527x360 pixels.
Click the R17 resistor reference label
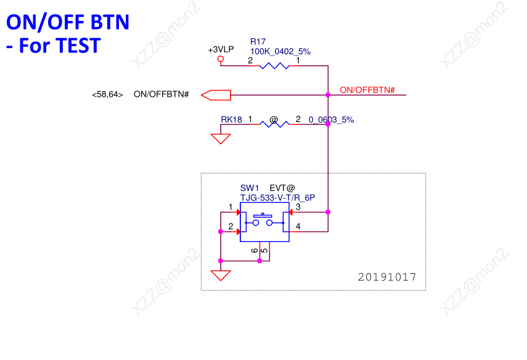pos(258,42)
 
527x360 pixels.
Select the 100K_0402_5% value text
pos(280,51)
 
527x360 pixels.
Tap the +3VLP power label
pos(221,49)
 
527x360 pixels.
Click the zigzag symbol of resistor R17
pos(274,66)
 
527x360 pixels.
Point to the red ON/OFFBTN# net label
pos(367,90)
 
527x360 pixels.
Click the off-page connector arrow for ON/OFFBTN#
pos(216,95)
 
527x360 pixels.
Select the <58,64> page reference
pos(107,94)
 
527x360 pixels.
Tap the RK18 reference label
pos(231,120)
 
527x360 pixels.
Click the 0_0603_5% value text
pos(331,120)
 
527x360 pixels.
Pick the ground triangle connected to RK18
pos(221,139)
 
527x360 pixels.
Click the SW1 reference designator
pos(250,188)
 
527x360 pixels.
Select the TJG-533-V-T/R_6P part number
pos(277,198)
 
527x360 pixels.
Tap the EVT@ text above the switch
pos(282,188)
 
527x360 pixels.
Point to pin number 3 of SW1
pos(298,207)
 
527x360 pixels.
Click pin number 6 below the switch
pos(255,250)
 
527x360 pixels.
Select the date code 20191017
pos(387,277)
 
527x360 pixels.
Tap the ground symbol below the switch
pos(221,276)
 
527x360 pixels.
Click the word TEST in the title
pos(78,46)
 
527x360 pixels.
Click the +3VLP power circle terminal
pos(221,59)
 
